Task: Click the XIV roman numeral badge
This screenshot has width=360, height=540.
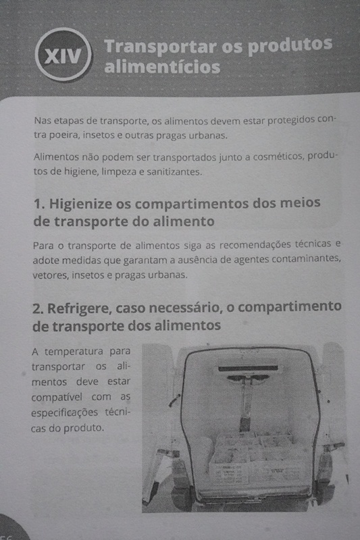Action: point(63,55)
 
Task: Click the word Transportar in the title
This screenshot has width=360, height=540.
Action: point(161,47)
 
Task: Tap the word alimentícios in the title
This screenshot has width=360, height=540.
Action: point(162,66)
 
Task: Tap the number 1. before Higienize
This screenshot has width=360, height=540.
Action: point(39,204)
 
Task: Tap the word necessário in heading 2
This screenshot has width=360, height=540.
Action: point(184,308)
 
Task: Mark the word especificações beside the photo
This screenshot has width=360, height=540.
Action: point(64,412)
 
